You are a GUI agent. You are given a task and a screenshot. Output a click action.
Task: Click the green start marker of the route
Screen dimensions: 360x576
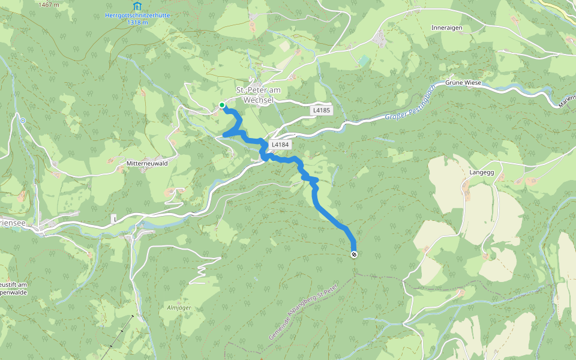222,105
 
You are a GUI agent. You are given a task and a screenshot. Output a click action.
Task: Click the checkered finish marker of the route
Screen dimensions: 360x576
353,254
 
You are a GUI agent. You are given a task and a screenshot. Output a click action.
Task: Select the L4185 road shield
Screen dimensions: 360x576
321,110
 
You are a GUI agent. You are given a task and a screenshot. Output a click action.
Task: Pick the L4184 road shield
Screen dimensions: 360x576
280,145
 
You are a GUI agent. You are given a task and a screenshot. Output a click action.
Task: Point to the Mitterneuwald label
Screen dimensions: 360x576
146,163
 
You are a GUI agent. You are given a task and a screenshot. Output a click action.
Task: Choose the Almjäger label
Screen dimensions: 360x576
178,307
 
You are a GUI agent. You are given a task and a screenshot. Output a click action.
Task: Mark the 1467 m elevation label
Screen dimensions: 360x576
49,4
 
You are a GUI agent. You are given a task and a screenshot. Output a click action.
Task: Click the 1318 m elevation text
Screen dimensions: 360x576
137,23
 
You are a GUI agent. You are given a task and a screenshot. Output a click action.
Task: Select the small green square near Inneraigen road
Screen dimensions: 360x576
364,61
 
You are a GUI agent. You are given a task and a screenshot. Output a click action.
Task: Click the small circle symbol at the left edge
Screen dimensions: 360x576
22,121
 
